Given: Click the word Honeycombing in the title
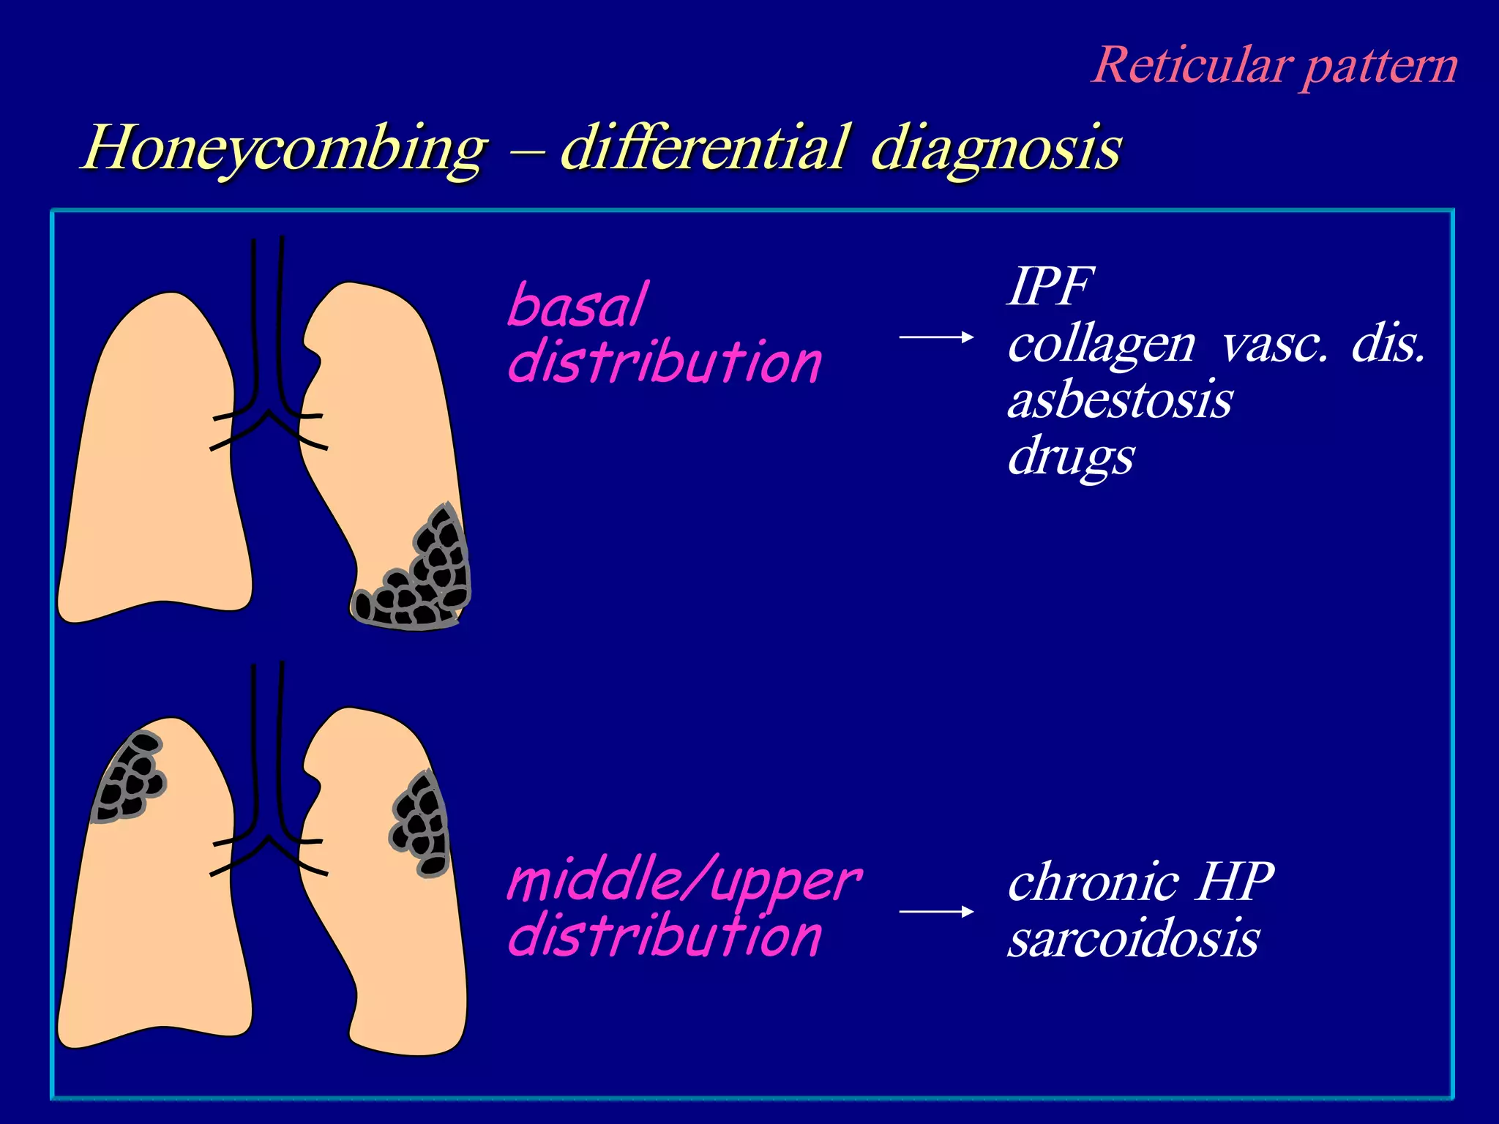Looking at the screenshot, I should (x=284, y=149).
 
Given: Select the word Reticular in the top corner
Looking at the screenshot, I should (x=1189, y=66).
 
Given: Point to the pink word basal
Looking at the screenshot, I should (x=577, y=306).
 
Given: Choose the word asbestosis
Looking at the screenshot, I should (x=1119, y=400).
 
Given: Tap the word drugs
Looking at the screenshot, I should (x=1070, y=457).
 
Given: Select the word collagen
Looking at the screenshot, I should (x=1101, y=344).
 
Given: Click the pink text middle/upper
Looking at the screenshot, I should (x=684, y=880).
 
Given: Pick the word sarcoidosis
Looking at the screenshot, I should (x=1133, y=939).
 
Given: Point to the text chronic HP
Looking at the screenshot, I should (x=1140, y=882).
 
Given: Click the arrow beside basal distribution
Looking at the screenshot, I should (x=936, y=337).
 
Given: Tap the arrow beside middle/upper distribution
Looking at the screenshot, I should (x=936, y=912).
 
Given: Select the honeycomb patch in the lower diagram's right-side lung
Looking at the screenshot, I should (x=420, y=823).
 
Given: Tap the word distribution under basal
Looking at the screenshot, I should (x=665, y=362).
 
